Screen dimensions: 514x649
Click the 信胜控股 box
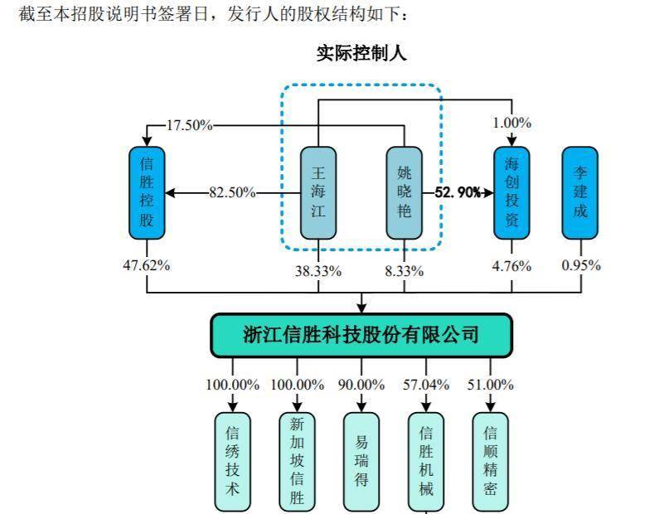point(147,193)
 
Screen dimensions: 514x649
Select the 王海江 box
point(318,193)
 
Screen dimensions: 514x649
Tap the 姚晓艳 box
point(404,193)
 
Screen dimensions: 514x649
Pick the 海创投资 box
point(511,193)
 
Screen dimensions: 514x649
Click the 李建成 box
point(579,193)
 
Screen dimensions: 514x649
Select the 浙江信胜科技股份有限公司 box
point(361,335)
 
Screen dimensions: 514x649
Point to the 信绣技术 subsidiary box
point(233,461)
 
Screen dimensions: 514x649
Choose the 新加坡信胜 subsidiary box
point(298,461)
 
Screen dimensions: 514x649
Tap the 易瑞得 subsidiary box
point(361,461)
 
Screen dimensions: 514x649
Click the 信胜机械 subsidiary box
point(426,461)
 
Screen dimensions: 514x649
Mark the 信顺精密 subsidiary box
point(490,461)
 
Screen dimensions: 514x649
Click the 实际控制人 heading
point(361,54)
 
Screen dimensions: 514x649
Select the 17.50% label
point(190,126)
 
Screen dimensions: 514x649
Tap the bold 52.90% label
point(458,193)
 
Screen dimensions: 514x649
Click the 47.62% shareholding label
point(147,266)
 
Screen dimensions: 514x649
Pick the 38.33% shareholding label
point(318,270)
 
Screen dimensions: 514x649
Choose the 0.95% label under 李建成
point(579,266)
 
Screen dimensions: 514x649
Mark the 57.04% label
point(426,385)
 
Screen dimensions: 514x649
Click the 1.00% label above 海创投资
point(511,123)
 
